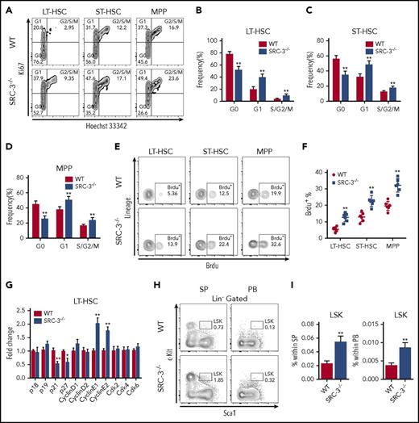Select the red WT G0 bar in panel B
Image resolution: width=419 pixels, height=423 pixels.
206,81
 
